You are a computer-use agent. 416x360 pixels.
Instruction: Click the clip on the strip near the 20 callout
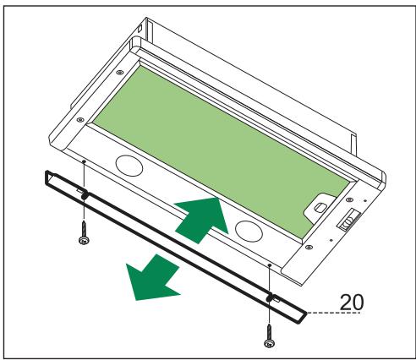[270, 298]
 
